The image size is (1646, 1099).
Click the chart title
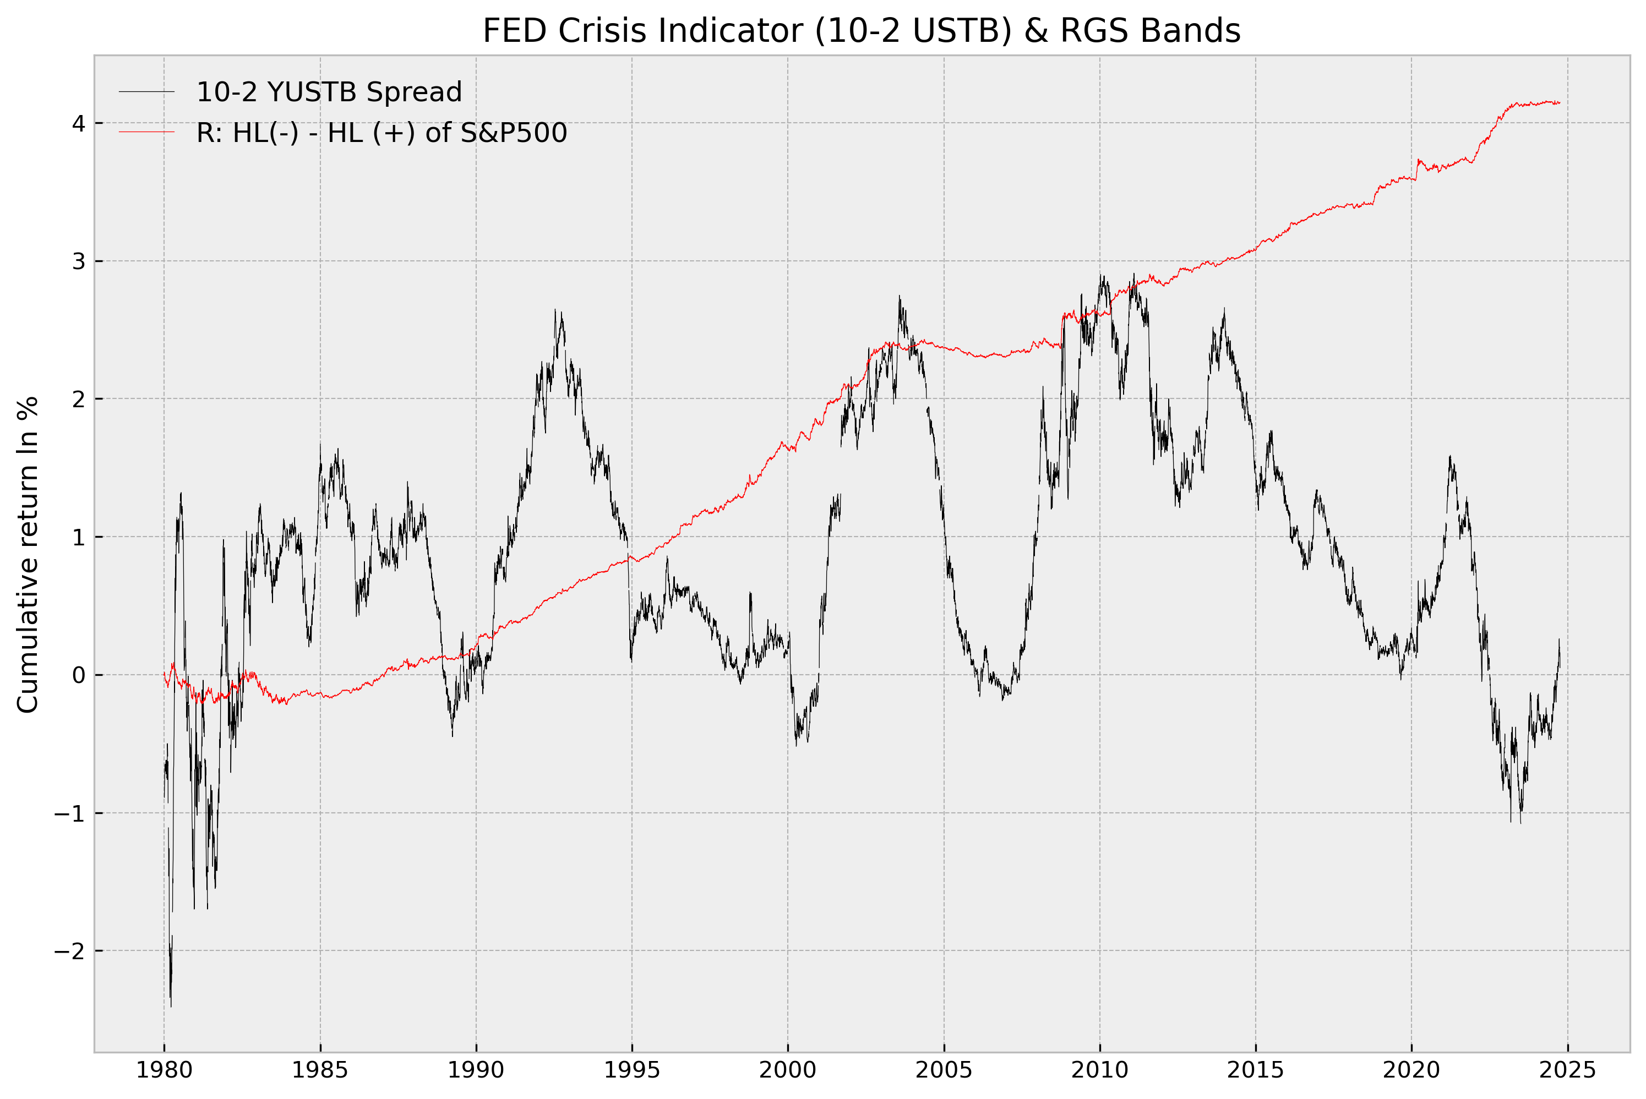coord(862,31)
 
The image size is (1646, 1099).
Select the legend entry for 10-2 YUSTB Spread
coord(328,92)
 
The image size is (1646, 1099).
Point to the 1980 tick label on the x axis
coord(164,1070)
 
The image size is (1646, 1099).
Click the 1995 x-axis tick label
coord(631,1070)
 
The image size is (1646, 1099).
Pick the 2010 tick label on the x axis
coord(1099,1070)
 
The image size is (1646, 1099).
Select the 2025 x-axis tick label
coord(1567,1070)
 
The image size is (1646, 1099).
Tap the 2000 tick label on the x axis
coord(788,1070)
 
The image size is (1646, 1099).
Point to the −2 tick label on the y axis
coord(69,951)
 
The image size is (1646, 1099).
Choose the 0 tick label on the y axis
coord(79,675)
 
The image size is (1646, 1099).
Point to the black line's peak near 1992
coord(555,309)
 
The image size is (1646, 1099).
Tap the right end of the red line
coord(1560,103)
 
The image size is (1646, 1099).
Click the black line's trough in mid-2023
coord(1520,823)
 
